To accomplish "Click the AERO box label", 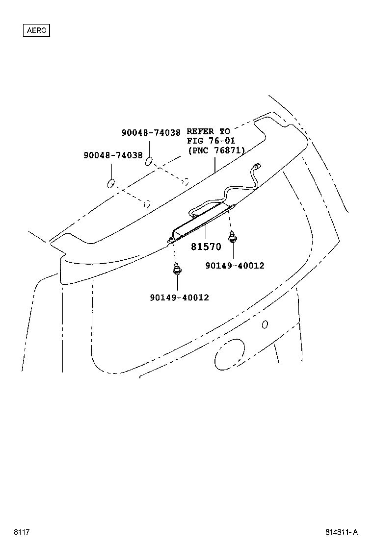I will (x=37, y=30).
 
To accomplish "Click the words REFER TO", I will (x=208, y=132).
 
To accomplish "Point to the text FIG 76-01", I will (x=212, y=141).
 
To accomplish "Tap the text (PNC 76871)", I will (x=216, y=150).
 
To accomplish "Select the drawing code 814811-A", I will (x=342, y=532).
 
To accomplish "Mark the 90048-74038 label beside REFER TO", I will (x=151, y=132).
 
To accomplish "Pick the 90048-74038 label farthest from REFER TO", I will (x=113, y=155).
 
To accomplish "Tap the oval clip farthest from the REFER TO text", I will (x=111, y=184).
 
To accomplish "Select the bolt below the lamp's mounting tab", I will (x=176, y=269).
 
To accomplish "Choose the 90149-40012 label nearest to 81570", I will (x=235, y=266).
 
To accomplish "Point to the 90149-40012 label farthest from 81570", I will (x=179, y=297).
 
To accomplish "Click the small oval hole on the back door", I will (x=265, y=324).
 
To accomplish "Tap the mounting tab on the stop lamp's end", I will (x=171, y=240).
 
